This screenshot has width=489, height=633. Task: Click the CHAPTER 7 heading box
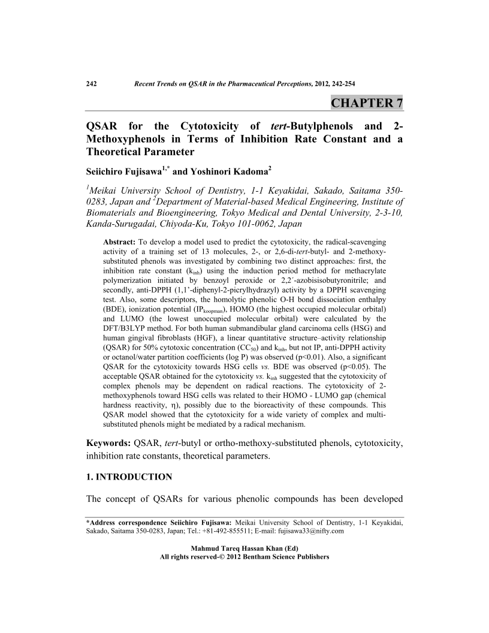366,103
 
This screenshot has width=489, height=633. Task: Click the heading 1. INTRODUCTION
129,477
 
